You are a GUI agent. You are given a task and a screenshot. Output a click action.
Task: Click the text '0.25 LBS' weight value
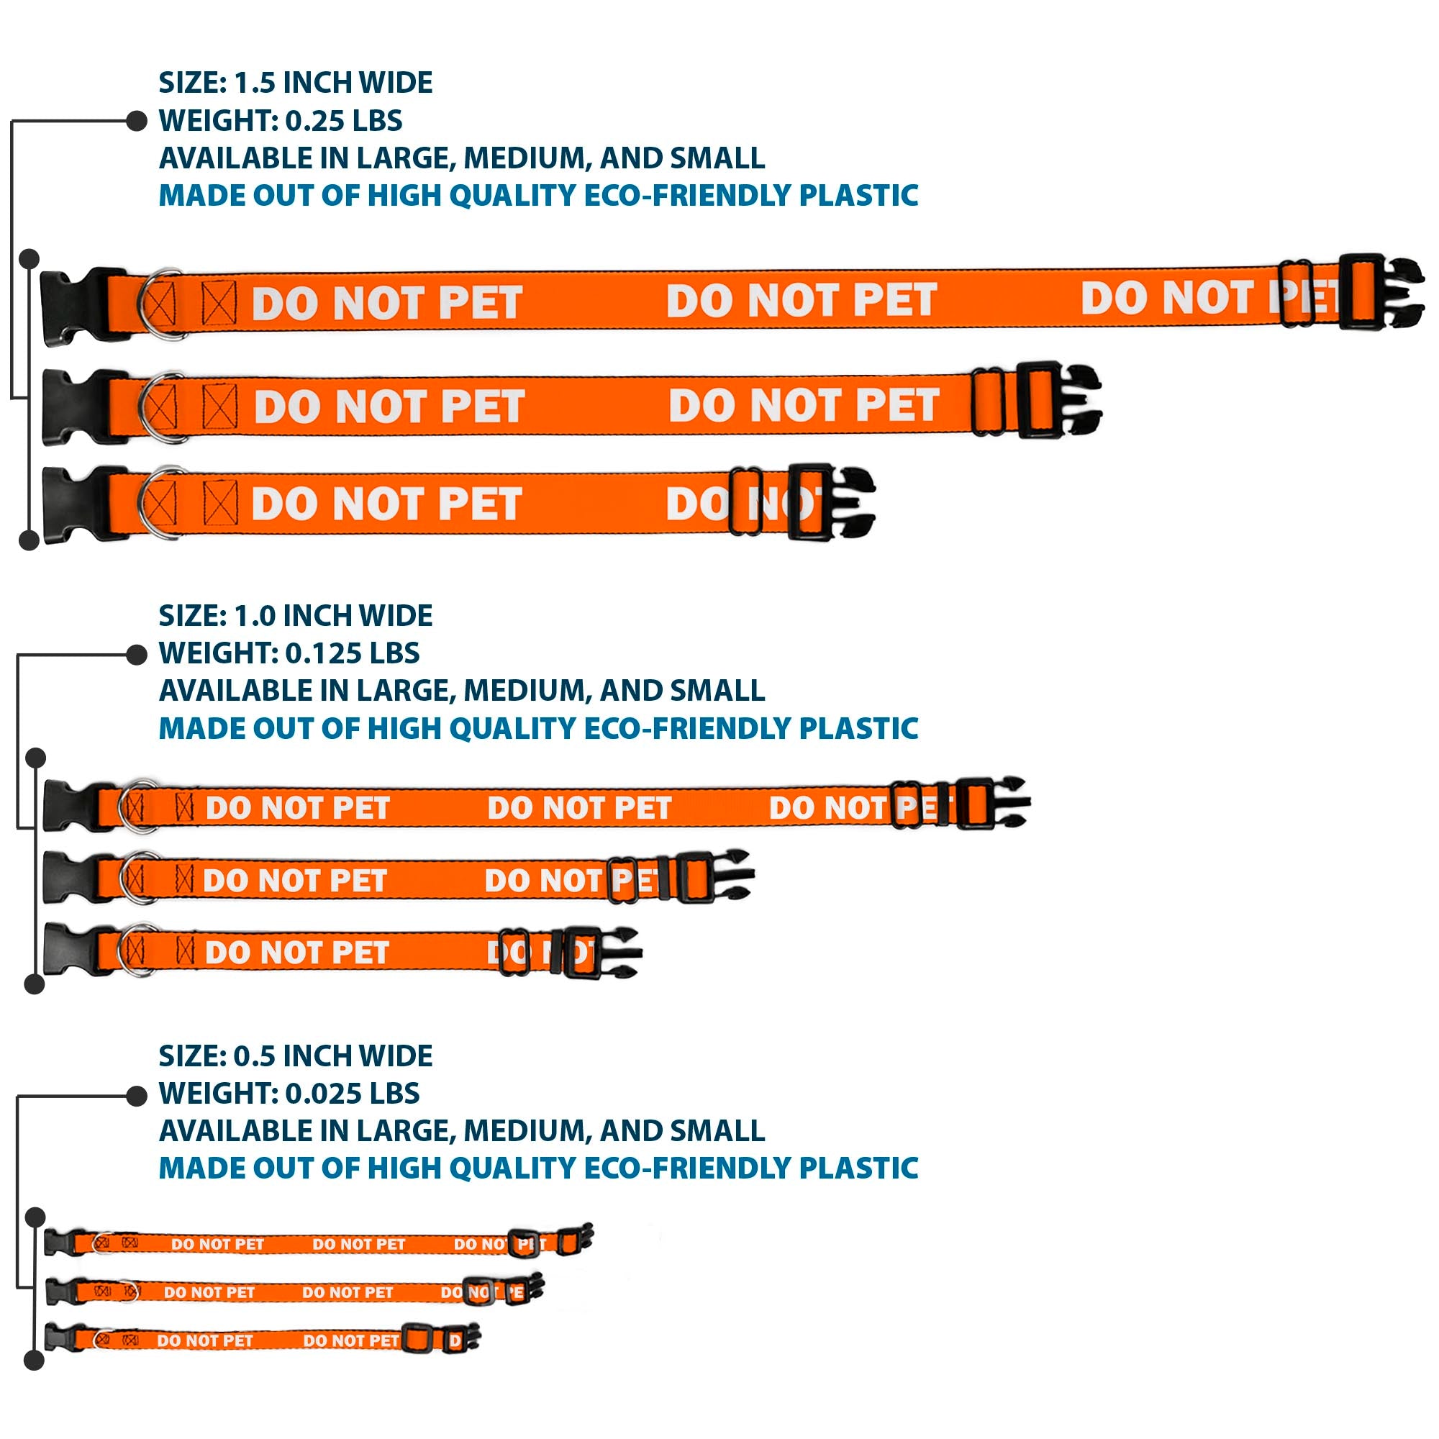point(344,121)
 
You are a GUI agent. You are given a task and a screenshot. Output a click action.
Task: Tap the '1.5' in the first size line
point(255,83)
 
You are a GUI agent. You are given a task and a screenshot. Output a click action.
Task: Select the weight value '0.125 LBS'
point(353,653)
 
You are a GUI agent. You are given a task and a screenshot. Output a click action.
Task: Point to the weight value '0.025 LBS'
point(353,1094)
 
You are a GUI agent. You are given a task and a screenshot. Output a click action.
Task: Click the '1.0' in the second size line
point(255,616)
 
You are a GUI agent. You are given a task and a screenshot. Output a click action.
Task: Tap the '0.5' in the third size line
point(255,1056)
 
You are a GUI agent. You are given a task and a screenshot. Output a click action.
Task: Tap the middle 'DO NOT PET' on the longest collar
point(802,300)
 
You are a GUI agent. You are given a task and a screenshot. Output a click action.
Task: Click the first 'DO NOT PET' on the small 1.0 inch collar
point(297,952)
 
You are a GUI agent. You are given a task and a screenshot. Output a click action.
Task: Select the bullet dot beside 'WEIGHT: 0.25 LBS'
point(137,121)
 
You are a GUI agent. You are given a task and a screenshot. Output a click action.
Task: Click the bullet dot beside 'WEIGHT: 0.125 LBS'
point(137,654)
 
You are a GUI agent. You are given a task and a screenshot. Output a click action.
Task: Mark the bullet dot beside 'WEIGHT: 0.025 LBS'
point(137,1096)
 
